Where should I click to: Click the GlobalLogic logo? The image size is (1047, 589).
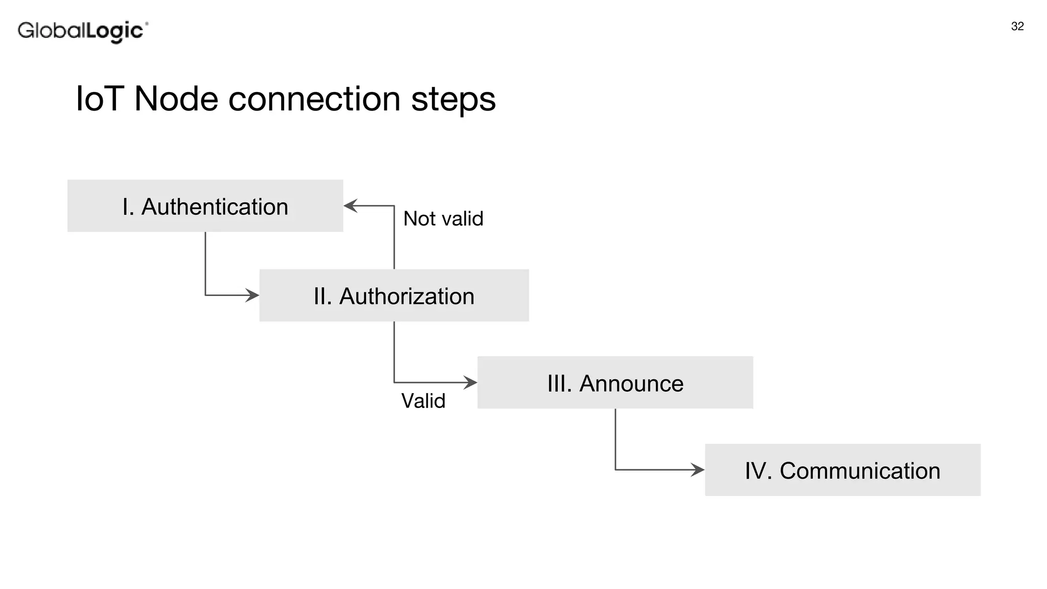[x=83, y=31]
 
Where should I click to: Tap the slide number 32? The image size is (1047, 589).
[x=1017, y=27]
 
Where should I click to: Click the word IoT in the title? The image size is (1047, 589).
[x=100, y=99]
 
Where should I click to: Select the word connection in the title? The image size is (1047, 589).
[x=314, y=99]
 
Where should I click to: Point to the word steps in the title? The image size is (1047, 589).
[x=453, y=100]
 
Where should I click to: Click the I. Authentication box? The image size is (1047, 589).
[x=205, y=206]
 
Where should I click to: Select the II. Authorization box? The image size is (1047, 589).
[x=394, y=296]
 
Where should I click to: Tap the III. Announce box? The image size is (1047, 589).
[x=615, y=382]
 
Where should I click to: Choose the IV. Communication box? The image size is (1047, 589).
[x=843, y=470]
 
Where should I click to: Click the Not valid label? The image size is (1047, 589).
[x=443, y=219]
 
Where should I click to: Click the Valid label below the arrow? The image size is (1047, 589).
[x=423, y=401]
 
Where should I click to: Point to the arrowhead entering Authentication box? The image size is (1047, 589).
[x=350, y=206]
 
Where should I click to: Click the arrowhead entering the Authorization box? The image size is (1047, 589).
[x=253, y=295]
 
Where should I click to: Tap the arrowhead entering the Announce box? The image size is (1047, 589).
[x=471, y=382]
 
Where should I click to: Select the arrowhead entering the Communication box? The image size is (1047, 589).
[x=698, y=470]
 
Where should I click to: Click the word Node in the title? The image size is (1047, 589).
[x=176, y=99]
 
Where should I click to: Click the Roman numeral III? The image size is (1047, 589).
[x=559, y=383]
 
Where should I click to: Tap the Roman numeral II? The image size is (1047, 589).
[x=322, y=297]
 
